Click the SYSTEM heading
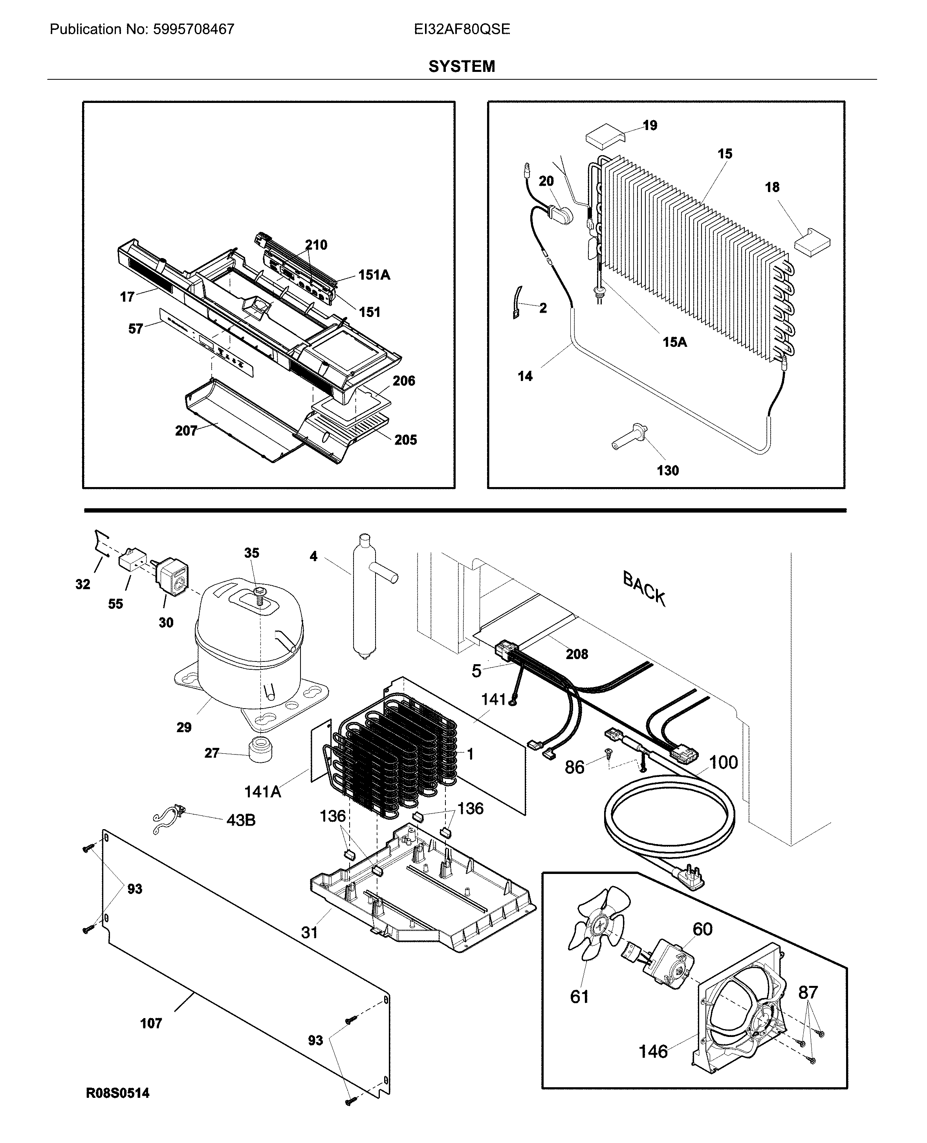pos(462,66)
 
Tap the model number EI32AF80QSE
pos(462,29)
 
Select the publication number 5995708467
pos(193,29)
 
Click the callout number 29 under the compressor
pos(184,727)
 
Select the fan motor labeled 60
pos(670,963)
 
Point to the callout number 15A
pos(674,342)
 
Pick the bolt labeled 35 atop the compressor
pos(260,591)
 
